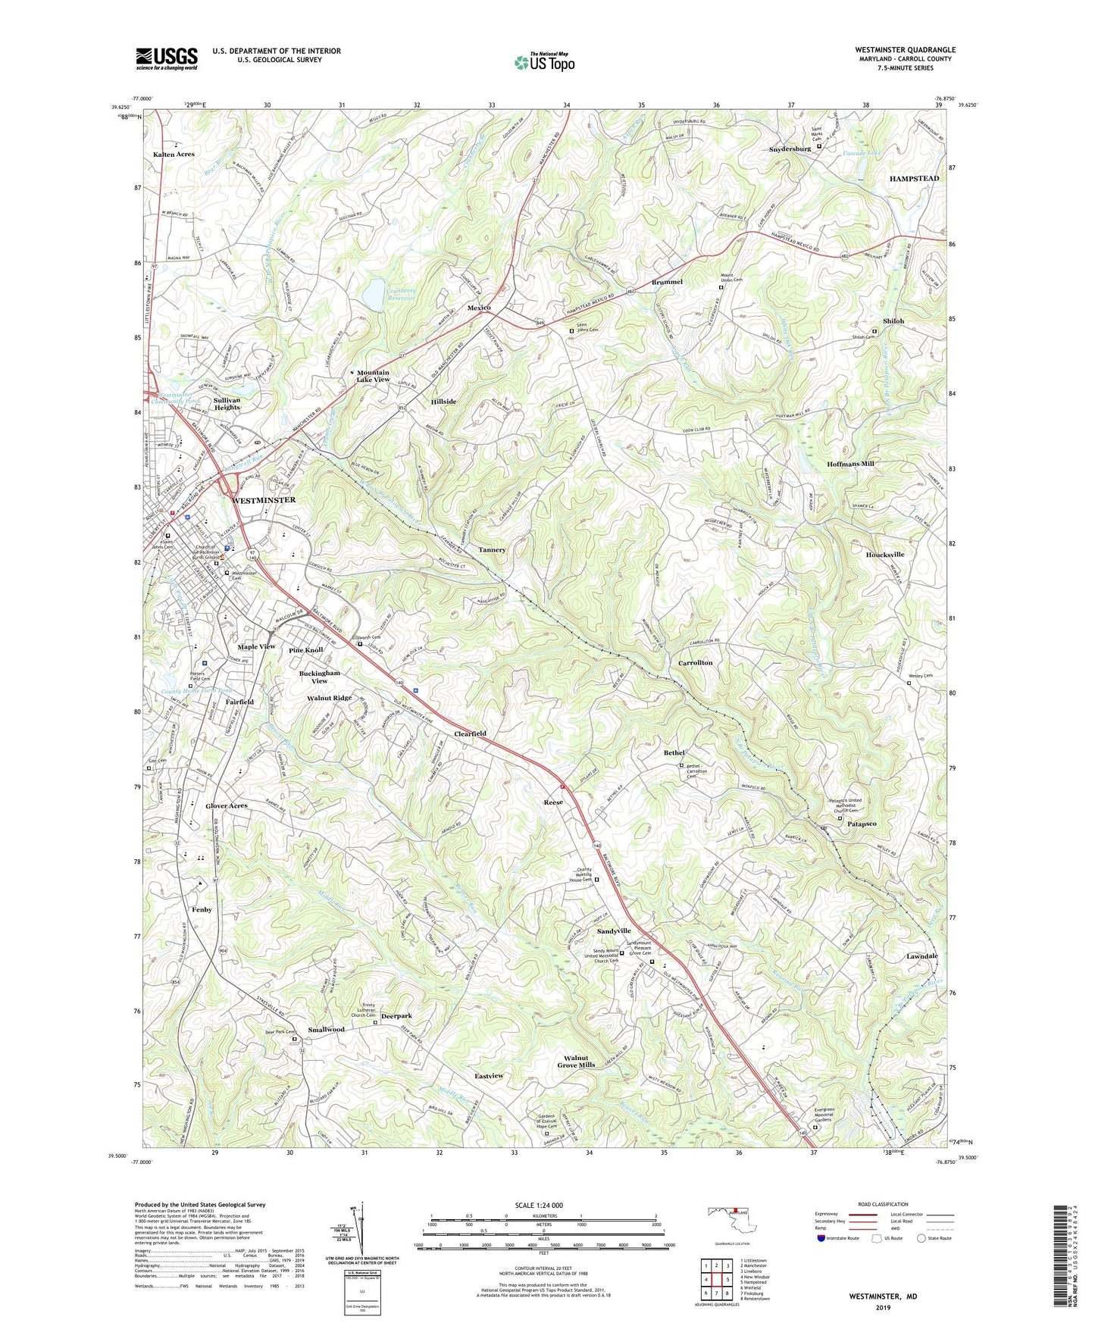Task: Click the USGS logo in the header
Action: point(167,58)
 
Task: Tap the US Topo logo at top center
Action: point(543,61)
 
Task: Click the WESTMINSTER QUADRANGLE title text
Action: point(905,50)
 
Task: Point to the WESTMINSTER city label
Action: point(264,501)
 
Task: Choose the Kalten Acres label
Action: point(174,154)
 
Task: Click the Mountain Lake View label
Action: point(373,376)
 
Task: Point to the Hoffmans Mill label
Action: point(850,464)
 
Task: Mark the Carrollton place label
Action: point(695,662)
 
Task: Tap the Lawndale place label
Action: point(921,956)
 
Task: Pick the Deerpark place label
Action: point(396,1016)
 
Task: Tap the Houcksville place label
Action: point(884,555)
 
